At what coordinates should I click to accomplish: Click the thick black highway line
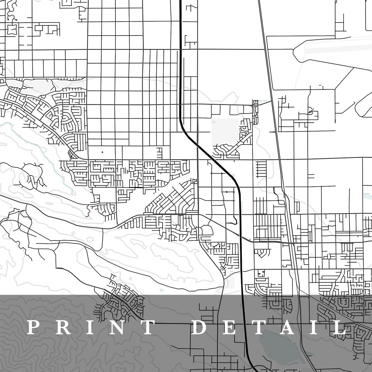click(x=180, y=65)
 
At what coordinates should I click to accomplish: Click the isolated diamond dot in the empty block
click(x=102, y=152)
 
